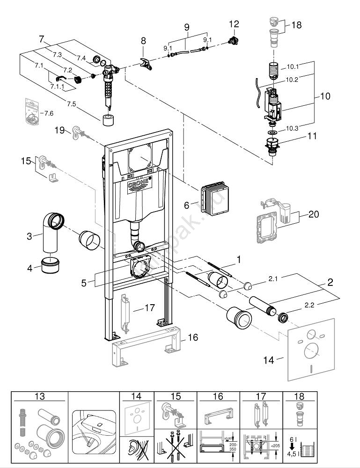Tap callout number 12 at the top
(234, 24)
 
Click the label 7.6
(48, 113)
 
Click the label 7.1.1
(58, 87)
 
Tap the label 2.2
(309, 305)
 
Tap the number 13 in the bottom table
(40, 396)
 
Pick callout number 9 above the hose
(187, 28)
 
